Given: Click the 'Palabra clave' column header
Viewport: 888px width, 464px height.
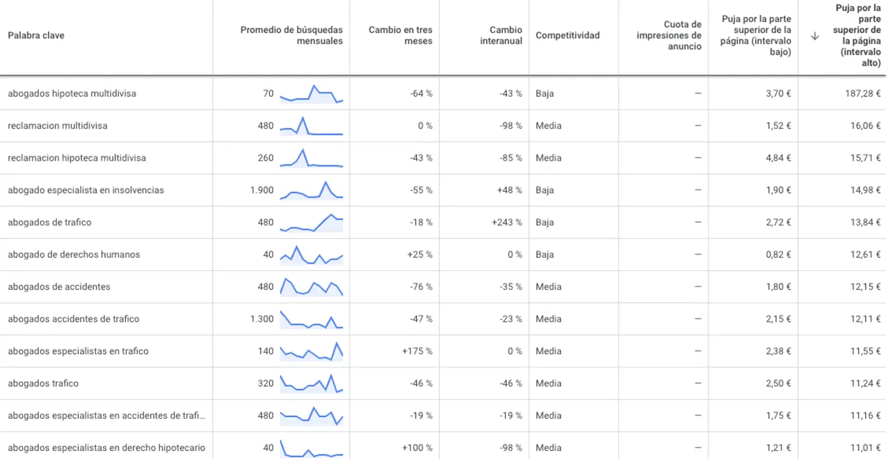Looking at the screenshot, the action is point(36,36).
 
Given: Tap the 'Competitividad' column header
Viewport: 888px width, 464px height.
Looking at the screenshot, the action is point(567,36).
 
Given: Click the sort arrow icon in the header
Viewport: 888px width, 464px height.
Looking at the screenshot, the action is point(815,36).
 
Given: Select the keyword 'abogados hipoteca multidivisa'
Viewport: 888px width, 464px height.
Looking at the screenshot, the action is point(72,94).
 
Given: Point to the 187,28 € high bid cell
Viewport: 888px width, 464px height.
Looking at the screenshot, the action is point(863,94).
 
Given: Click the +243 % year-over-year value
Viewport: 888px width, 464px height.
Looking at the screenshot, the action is point(507,223).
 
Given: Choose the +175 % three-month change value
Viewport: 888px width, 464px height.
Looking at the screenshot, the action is point(417,351).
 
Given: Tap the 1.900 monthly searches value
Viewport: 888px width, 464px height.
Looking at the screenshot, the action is point(262,190).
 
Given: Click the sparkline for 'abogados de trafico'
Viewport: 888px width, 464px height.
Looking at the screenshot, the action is point(311,223).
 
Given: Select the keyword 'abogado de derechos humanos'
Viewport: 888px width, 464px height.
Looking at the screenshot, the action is point(74,254).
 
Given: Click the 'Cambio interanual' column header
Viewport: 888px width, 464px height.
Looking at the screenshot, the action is point(501,36).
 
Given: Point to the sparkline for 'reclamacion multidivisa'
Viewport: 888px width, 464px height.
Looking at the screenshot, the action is point(311,126).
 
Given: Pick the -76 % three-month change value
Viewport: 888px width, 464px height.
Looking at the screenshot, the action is point(421,286).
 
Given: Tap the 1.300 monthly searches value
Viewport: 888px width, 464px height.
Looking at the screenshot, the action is point(262,319).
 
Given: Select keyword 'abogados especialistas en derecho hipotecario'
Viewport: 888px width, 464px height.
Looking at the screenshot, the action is point(107,448).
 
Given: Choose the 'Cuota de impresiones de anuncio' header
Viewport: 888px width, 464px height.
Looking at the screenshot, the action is point(669,36).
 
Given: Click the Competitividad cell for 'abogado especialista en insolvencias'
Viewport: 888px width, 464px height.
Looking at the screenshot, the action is point(545,190).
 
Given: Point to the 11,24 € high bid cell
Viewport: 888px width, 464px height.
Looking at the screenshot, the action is point(866,383).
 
